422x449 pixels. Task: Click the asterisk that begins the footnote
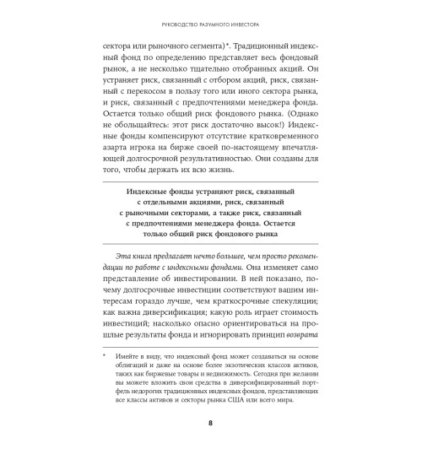tap(105, 357)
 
